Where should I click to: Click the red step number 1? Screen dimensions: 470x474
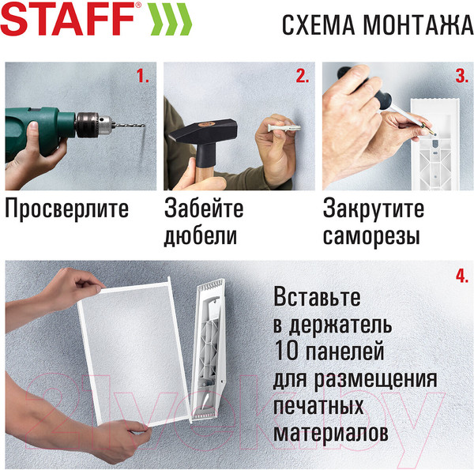click(x=142, y=77)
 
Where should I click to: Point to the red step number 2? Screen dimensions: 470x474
click(x=302, y=77)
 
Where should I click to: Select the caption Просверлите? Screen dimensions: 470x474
click(x=66, y=210)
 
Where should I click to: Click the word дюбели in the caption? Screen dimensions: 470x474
click(x=201, y=236)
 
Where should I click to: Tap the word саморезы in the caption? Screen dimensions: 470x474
click(x=371, y=236)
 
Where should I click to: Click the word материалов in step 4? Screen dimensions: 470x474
click(x=331, y=434)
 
